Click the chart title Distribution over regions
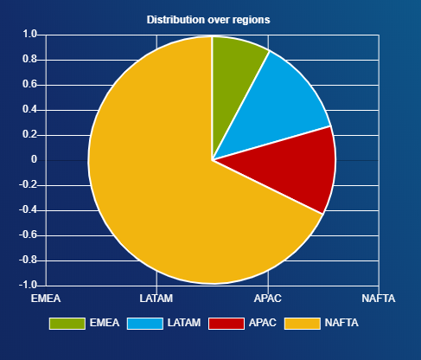[x=208, y=20]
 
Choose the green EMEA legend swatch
[x=67, y=324]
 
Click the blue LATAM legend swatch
[x=145, y=324]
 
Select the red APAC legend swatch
[x=226, y=324]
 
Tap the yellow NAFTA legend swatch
[x=303, y=324]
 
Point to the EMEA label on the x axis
[x=46, y=299]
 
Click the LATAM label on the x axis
[x=156, y=299]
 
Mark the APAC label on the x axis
[x=268, y=299]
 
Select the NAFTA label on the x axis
[x=379, y=299]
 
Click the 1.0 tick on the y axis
[x=30, y=34]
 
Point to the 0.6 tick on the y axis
[x=30, y=84]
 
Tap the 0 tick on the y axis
[x=34, y=159]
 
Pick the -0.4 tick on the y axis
[x=29, y=209]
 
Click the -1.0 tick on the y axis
[x=29, y=285]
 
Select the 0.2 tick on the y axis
[x=30, y=134]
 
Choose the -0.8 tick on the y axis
[x=29, y=260]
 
